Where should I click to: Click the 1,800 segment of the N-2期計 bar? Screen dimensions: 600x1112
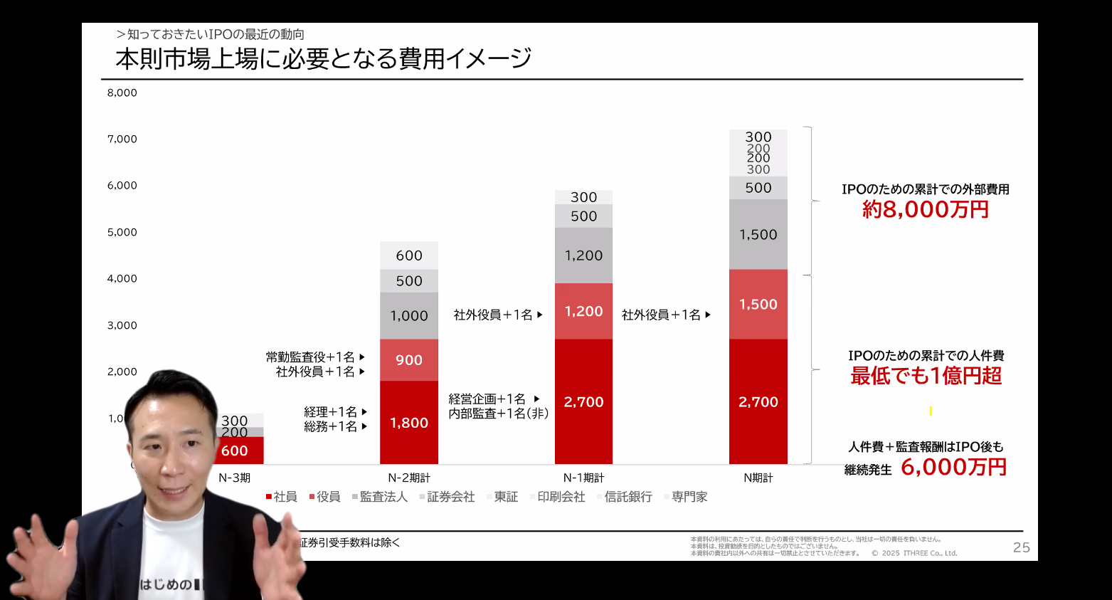tap(409, 423)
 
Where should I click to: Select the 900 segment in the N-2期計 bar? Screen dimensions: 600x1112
tap(409, 360)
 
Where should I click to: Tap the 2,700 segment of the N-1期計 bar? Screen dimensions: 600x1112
tap(583, 402)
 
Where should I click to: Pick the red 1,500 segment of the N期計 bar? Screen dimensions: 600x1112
tap(758, 305)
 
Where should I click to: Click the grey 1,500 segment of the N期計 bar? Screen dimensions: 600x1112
tap(758, 235)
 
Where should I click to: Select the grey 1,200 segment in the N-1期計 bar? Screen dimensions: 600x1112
tap(583, 256)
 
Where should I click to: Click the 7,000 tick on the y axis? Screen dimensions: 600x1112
tap(122, 140)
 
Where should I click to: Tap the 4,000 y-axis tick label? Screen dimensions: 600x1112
tap(122, 279)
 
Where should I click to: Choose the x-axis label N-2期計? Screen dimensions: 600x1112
tap(409, 478)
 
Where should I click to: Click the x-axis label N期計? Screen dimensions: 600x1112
tap(758, 478)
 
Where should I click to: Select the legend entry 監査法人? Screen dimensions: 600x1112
tap(383, 497)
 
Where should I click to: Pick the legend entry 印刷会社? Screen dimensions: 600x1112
tap(561, 497)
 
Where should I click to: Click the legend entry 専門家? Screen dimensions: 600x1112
tap(689, 497)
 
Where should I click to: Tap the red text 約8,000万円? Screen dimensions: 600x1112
tap(926, 209)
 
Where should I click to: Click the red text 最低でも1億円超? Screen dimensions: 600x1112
tap(926, 376)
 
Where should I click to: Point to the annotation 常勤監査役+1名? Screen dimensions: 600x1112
tap(310, 357)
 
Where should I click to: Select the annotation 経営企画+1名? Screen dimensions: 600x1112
tap(487, 399)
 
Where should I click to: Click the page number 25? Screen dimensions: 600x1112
tap(1021, 547)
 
